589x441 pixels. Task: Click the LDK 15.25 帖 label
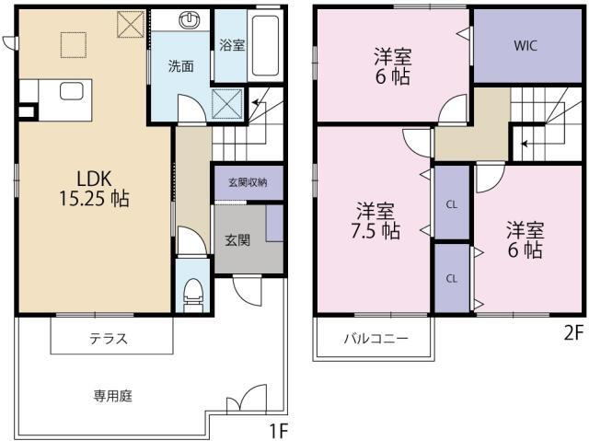(x=94, y=189)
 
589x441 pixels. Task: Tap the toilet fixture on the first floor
(x=193, y=295)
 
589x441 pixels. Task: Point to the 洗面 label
(x=180, y=66)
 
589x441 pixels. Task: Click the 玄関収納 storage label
(x=248, y=182)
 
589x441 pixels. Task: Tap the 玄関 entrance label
(x=237, y=240)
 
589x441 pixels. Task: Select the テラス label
(x=109, y=339)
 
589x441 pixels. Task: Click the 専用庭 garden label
(x=112, y=396)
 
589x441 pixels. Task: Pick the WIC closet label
(x=525, y=46)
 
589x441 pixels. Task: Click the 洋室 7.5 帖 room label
(x=375, y=221)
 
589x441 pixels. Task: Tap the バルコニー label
(x=376, y=339)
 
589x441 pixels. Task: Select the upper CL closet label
(x=452, y=204)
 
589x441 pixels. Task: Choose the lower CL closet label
(x=452, y=279)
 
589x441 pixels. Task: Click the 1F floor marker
(x=278, y=431)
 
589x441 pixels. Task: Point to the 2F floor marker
(x=573, y=332)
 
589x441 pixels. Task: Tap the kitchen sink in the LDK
(x=72, y=91)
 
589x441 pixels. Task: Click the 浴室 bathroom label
(x=232, y=45)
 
